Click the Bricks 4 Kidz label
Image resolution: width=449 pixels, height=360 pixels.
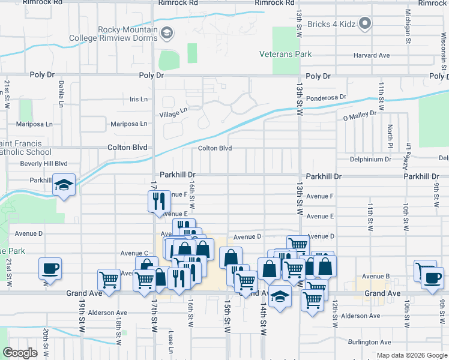[332, 23]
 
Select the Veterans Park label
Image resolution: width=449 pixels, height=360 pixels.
[285, 54]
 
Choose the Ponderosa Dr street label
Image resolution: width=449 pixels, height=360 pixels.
[326, 97]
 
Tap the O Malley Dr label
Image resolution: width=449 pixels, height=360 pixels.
[359, 112]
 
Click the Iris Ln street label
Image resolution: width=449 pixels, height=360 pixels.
[138, 99]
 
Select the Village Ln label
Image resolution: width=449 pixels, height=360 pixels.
[173, 112]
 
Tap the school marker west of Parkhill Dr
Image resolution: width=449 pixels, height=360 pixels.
[63, 185]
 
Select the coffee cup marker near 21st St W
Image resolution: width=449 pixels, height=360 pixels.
[50, 268]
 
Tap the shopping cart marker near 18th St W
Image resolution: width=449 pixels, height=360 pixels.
[109, 279]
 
